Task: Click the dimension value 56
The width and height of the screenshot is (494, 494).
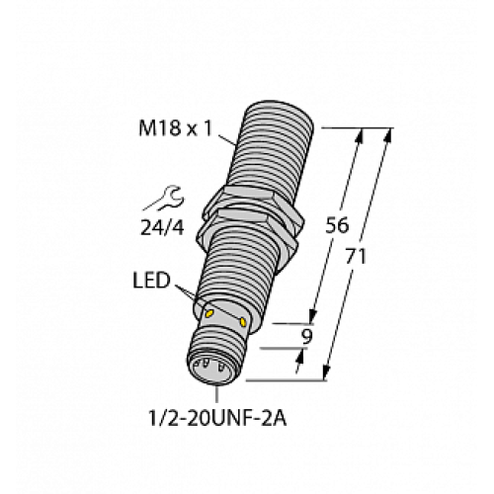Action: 337,225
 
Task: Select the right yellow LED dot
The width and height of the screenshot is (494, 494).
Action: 244,321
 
